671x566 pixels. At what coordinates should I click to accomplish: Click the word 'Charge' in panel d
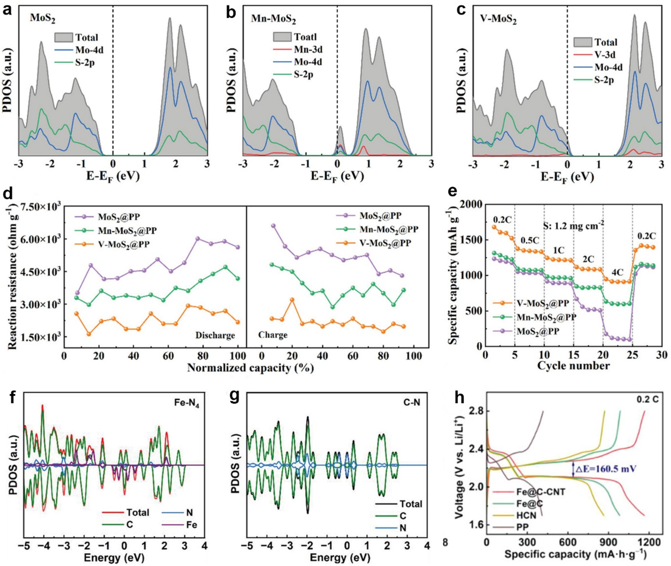tap(273, 335)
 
